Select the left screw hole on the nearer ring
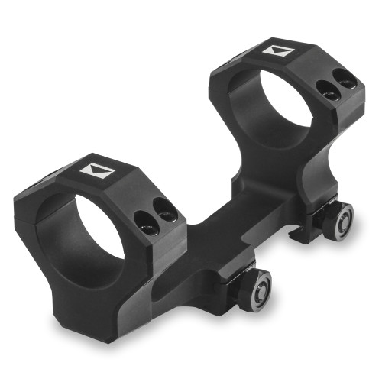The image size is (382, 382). [x=144, y=222]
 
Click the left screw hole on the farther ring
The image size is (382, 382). [x=329, y=91]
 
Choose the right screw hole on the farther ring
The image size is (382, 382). [x=345, y=79]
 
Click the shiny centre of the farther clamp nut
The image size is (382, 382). [x=342, y=220]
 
